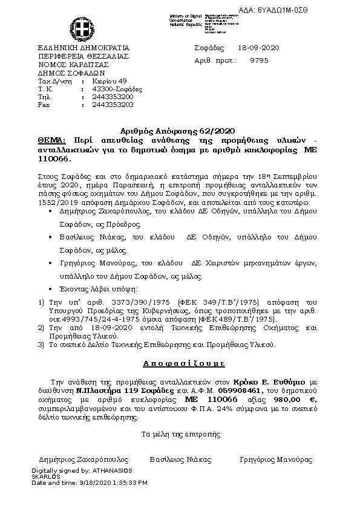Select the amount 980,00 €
click(x=299, y=400)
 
